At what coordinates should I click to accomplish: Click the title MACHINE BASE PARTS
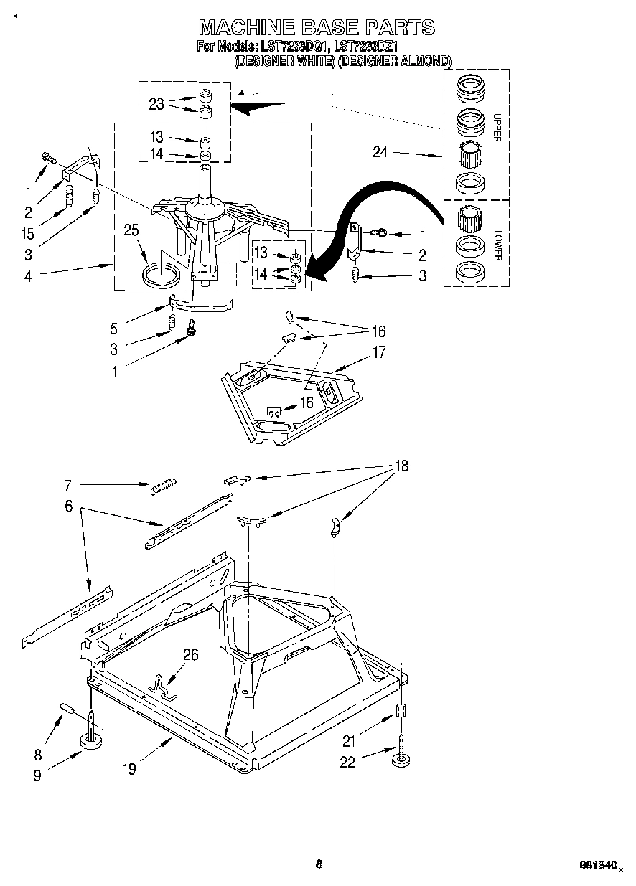tap(317, 27)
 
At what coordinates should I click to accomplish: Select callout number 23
tap(156, 104)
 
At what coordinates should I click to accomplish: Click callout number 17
tap(378, 352)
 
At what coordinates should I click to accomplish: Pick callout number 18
tap(401, 466)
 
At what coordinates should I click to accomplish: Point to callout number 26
tap(190, 654)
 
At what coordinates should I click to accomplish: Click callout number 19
tap(128, 770)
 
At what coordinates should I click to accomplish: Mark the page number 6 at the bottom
tap(318, 864)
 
